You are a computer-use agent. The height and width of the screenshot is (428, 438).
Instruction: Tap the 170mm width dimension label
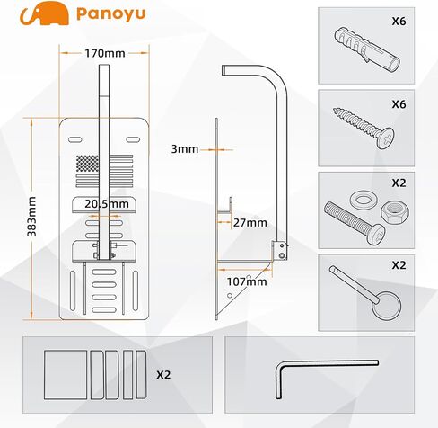(x=105, y=53)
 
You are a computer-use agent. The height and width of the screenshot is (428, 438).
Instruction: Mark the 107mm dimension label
(x=248, y=281)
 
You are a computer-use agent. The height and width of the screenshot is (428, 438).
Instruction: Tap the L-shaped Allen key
(x=310, y=370)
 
